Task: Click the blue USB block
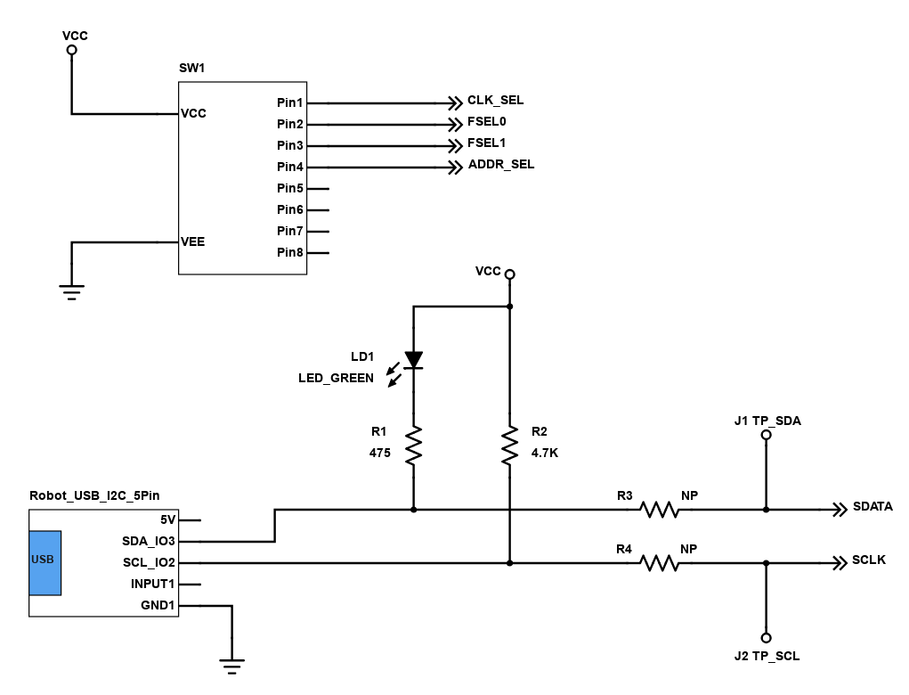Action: coord(45,562)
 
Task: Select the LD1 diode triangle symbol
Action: coord(413,360)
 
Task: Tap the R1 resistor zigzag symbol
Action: coord(413,446)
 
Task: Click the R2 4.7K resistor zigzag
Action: coord(509,446)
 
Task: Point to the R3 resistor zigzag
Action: coord(659,510)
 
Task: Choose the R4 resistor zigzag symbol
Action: coord(659,563)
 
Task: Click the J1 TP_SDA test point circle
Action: coord(766,435)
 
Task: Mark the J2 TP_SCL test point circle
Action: coord(766,638)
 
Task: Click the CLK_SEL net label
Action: coord(495,101)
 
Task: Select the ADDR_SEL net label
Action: coord(501,165)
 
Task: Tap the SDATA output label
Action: coord(872,506)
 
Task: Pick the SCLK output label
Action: coord(868,560)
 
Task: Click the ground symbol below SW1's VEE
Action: coord(71,292)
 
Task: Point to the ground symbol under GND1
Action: coord(231,666)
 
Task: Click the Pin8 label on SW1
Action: coord(290,252)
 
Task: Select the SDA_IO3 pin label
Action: coord(149,541)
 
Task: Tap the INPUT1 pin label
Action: coord(152,584)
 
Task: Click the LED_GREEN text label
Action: coord(336,379)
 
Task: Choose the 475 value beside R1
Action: coord(380,453)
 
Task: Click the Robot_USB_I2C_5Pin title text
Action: coord(94,495)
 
